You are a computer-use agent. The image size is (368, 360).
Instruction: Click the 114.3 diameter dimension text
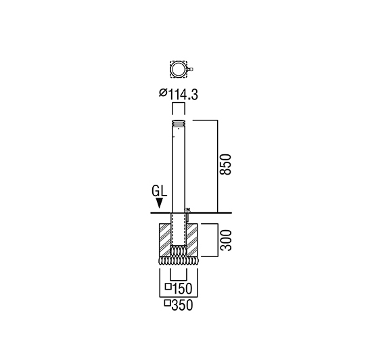click(x=183, y=95)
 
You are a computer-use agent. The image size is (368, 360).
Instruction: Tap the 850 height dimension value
click(x=225, y=164)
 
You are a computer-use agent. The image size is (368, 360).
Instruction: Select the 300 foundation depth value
click(x=226, y=240)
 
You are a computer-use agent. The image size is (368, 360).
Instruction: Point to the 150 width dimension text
click(x=183, y=289)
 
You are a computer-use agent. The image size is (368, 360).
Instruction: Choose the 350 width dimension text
click(x=182, y=305)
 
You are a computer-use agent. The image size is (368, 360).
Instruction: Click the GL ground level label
click(x=160, y=191)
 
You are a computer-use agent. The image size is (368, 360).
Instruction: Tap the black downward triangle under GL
click(x=160, y=203)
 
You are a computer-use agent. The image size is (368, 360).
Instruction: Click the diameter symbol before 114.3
click(x=163, y=93)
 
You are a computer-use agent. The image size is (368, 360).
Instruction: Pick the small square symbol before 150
click(x=168, y=287)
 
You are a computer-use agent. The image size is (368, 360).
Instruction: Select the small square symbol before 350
click(x=167, y=303)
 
